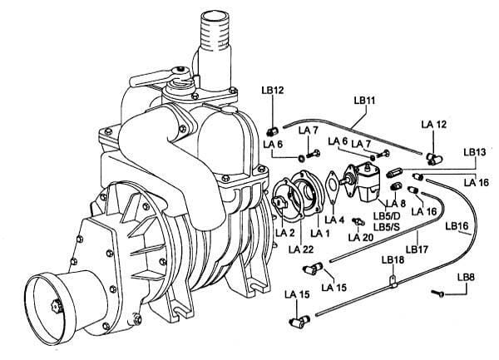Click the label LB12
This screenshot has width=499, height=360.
pos(273,89)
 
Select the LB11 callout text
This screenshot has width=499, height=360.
pos(365,101)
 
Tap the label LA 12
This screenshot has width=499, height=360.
pos(433,124)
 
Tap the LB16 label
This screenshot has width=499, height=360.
pos(457,224)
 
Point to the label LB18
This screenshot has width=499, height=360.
pos(393,259)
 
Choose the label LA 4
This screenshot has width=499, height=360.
pos(334,220)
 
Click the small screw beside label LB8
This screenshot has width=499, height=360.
pos(438,292)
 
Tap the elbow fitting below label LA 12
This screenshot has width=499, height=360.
pos(430,155)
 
